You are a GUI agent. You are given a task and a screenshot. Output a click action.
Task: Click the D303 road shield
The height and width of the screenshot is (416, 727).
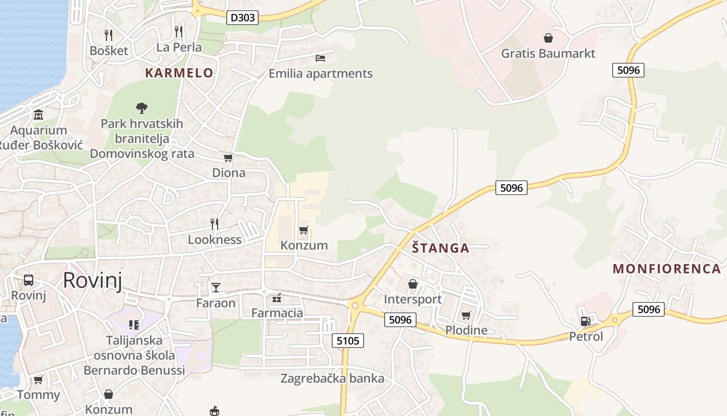pos(243,18)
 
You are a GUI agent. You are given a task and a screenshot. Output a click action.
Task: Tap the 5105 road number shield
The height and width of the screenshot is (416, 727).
pos(347,341)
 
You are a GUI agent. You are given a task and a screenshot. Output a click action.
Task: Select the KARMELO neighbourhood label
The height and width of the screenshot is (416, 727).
pos(179,73)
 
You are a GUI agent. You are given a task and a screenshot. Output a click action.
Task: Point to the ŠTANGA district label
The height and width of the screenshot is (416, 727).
pos(441,248)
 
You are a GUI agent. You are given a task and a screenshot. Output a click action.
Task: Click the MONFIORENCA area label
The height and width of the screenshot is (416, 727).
pos(667,269)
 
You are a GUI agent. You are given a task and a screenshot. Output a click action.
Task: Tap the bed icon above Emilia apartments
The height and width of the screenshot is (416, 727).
pos(320,58)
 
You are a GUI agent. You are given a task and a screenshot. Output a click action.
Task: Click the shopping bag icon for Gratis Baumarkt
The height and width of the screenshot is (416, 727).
pos(548,38)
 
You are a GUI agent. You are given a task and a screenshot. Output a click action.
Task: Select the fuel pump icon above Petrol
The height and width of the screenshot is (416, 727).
pos(585,321)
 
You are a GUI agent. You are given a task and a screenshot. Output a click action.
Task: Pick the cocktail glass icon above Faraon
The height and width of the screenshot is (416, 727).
pos(216,287)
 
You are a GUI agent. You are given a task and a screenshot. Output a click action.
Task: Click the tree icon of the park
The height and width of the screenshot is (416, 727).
pos(141,108)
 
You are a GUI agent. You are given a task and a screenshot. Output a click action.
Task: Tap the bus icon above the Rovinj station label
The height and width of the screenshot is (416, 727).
pos(29,280)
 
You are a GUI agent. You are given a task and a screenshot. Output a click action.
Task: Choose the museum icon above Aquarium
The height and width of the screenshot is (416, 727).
pos(38,114)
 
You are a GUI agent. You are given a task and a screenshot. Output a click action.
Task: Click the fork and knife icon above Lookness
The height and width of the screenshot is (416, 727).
pos(214,224)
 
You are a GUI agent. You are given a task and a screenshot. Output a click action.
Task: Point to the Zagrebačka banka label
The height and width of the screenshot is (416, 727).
pos(332,378)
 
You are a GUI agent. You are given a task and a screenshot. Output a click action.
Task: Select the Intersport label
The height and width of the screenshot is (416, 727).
pos(413,299)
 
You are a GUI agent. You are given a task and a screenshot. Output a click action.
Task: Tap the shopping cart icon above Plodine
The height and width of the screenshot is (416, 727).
pos(466,316)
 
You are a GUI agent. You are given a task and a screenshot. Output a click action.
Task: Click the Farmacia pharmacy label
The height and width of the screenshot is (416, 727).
pos(277,313)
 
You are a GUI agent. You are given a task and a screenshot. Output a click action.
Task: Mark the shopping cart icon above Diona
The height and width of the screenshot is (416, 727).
pos(227,158)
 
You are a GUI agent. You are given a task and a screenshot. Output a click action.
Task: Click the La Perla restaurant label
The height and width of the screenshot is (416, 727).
pos(179,47)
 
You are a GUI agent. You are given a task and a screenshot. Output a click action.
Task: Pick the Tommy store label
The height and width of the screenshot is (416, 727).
pos(38,395)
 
